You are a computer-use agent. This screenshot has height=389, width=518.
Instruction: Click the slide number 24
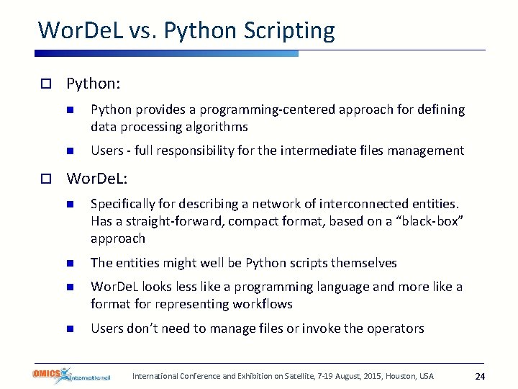coord(481,376)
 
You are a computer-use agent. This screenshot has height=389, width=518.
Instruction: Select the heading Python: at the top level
coord(93,84)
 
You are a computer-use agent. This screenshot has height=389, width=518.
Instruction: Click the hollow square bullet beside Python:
coord(45,84)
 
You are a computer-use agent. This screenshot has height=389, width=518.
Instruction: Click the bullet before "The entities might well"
coord(71,263)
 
